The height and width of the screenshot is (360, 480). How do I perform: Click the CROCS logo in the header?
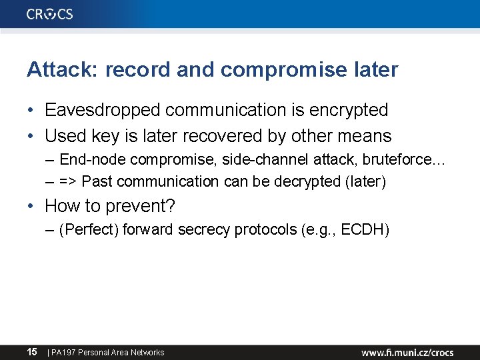click(50, 14)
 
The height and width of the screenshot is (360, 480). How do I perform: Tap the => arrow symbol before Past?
click(69, 181)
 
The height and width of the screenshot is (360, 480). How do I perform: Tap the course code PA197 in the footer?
click(63, 353)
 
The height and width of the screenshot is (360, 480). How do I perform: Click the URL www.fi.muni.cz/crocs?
click(407, 352)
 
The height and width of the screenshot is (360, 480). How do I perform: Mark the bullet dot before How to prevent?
click(31, 206)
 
